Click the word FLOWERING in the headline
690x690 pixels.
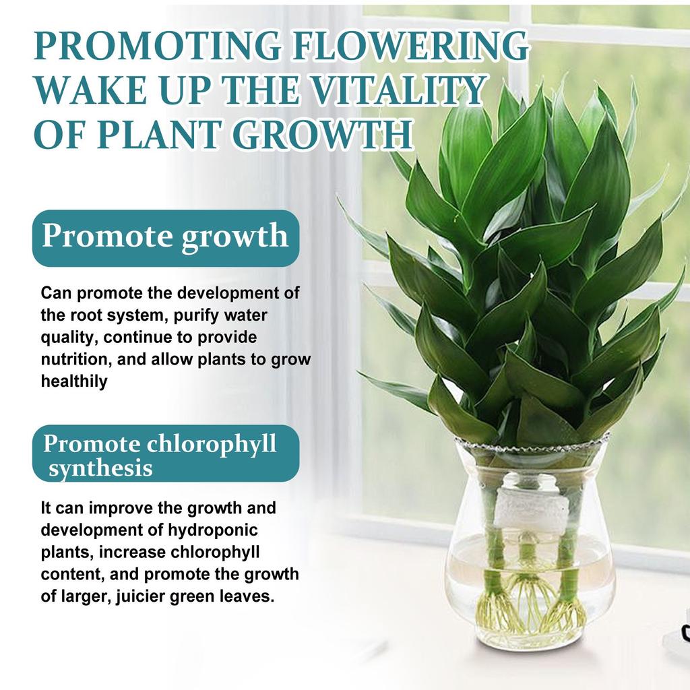point(409,45)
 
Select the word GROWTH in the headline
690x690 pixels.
point(323,134)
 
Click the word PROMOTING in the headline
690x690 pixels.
point(158,45)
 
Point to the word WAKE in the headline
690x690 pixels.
point(90,90)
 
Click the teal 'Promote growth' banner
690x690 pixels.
point(166,238)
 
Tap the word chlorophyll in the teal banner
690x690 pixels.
point(211,443)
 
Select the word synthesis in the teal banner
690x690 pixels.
point(101,468)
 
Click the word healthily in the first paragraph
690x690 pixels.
point(74,381)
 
